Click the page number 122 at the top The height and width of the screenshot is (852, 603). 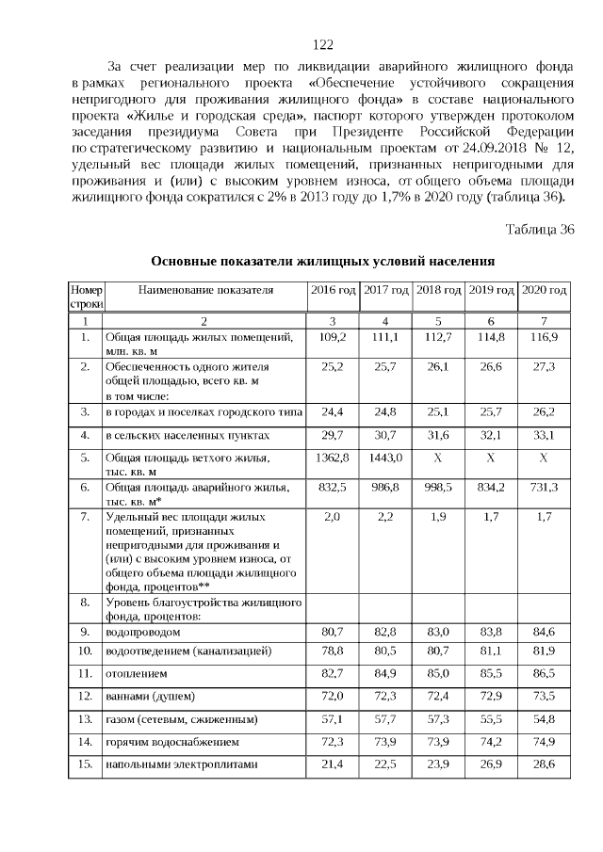(323, 44)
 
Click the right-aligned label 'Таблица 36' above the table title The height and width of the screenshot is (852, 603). (539, 230)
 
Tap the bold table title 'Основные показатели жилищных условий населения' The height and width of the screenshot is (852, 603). (323, 261)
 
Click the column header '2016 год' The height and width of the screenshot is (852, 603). (333, 289)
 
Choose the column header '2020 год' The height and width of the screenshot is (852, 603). (545, 289)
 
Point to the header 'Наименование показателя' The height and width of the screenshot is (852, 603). (205, 290)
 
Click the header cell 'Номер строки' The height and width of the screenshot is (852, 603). (86, 297)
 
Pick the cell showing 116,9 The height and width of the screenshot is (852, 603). (545, 336)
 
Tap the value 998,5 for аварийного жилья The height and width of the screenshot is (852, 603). (438, 487)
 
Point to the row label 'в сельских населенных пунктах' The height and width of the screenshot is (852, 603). (187, 435)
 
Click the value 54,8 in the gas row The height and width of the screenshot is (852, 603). (545, 719)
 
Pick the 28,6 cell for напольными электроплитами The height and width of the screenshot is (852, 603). (545, 764)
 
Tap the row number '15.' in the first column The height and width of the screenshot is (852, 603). (86, 764)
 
